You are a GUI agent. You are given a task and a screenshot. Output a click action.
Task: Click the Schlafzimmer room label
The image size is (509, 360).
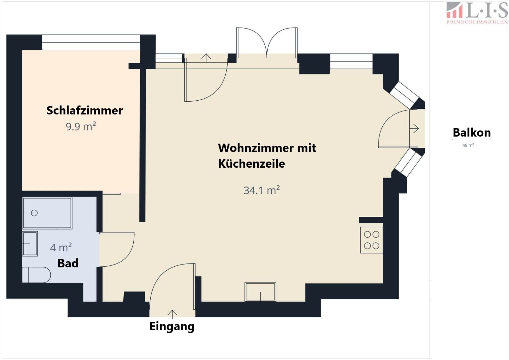click(x=85, y=111)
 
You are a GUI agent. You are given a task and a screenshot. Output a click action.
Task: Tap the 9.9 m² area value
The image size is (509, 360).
click(x=81, y=126)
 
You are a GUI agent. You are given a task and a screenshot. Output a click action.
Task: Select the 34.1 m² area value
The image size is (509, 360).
click(x=262, y=190)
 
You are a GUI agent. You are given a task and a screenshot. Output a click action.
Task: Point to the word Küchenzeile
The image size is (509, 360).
click(x=251, y=164)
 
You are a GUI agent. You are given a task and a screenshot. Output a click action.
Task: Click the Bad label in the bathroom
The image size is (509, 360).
click(x=68, y=263)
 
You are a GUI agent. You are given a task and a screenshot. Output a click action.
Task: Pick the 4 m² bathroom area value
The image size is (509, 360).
click(x=61, y=247)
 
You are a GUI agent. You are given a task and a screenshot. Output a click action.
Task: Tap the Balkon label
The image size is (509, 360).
click(x=472, y=133)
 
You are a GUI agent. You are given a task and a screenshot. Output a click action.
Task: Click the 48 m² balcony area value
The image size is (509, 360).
click(x=468, y=145)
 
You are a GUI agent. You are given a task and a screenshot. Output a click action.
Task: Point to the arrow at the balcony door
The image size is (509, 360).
click(x=414, y=128)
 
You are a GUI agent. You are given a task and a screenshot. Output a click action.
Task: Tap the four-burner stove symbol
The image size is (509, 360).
click(x=372, y=240)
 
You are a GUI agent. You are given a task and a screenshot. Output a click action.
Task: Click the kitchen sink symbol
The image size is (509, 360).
click(x=260, y=292)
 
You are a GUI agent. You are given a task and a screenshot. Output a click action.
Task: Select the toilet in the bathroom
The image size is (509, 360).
click(x=36, y=275)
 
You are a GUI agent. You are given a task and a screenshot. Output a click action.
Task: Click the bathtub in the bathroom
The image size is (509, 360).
click(x=47, y=213)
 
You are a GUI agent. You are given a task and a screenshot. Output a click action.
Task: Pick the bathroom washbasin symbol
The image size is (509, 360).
click(x=30, y=244)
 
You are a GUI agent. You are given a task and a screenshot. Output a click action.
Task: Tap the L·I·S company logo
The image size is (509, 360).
click(x=477, y=13)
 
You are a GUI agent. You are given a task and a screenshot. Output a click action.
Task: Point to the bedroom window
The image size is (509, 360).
click(x=91, y=42)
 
